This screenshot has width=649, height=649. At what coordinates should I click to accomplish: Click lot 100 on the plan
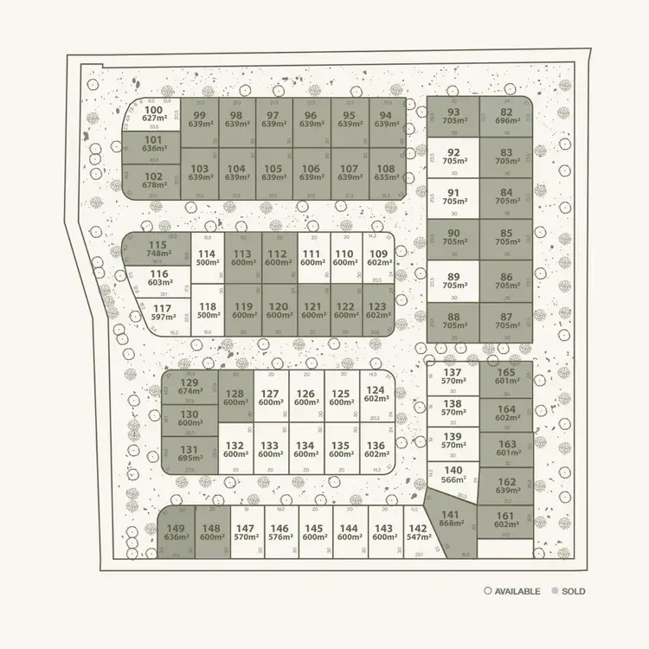click(x=154, y=114)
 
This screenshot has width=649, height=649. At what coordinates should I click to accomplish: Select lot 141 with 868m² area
click(x=452, y=517)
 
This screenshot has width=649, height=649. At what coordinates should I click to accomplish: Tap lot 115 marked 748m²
click(x=157, y=249)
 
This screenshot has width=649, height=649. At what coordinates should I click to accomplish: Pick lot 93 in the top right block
click(x=453, y=117)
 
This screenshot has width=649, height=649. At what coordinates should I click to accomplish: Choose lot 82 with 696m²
click(x=505, y=117)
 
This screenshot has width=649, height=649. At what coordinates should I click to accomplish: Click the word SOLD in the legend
click(x=573, y=592)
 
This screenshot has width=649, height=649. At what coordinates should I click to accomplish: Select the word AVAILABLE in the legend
click(x=517, y=592)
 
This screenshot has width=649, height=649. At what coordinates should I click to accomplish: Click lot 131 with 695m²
click(x=189, y=453)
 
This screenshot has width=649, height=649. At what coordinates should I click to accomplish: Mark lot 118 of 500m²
click(x=207, y=311)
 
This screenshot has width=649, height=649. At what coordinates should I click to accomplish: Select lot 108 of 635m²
click(x=386, y=173)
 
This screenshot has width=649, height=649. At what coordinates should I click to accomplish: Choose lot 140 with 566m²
click(x=453, y=474)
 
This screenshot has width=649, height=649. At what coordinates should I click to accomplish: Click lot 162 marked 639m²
click(x=505, y=486)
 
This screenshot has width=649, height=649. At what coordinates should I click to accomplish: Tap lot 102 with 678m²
click(x=154, y=181)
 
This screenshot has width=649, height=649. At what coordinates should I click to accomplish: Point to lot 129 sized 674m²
click(x=189, y=387)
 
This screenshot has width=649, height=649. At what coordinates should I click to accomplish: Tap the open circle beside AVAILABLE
click(x=488, y=592)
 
